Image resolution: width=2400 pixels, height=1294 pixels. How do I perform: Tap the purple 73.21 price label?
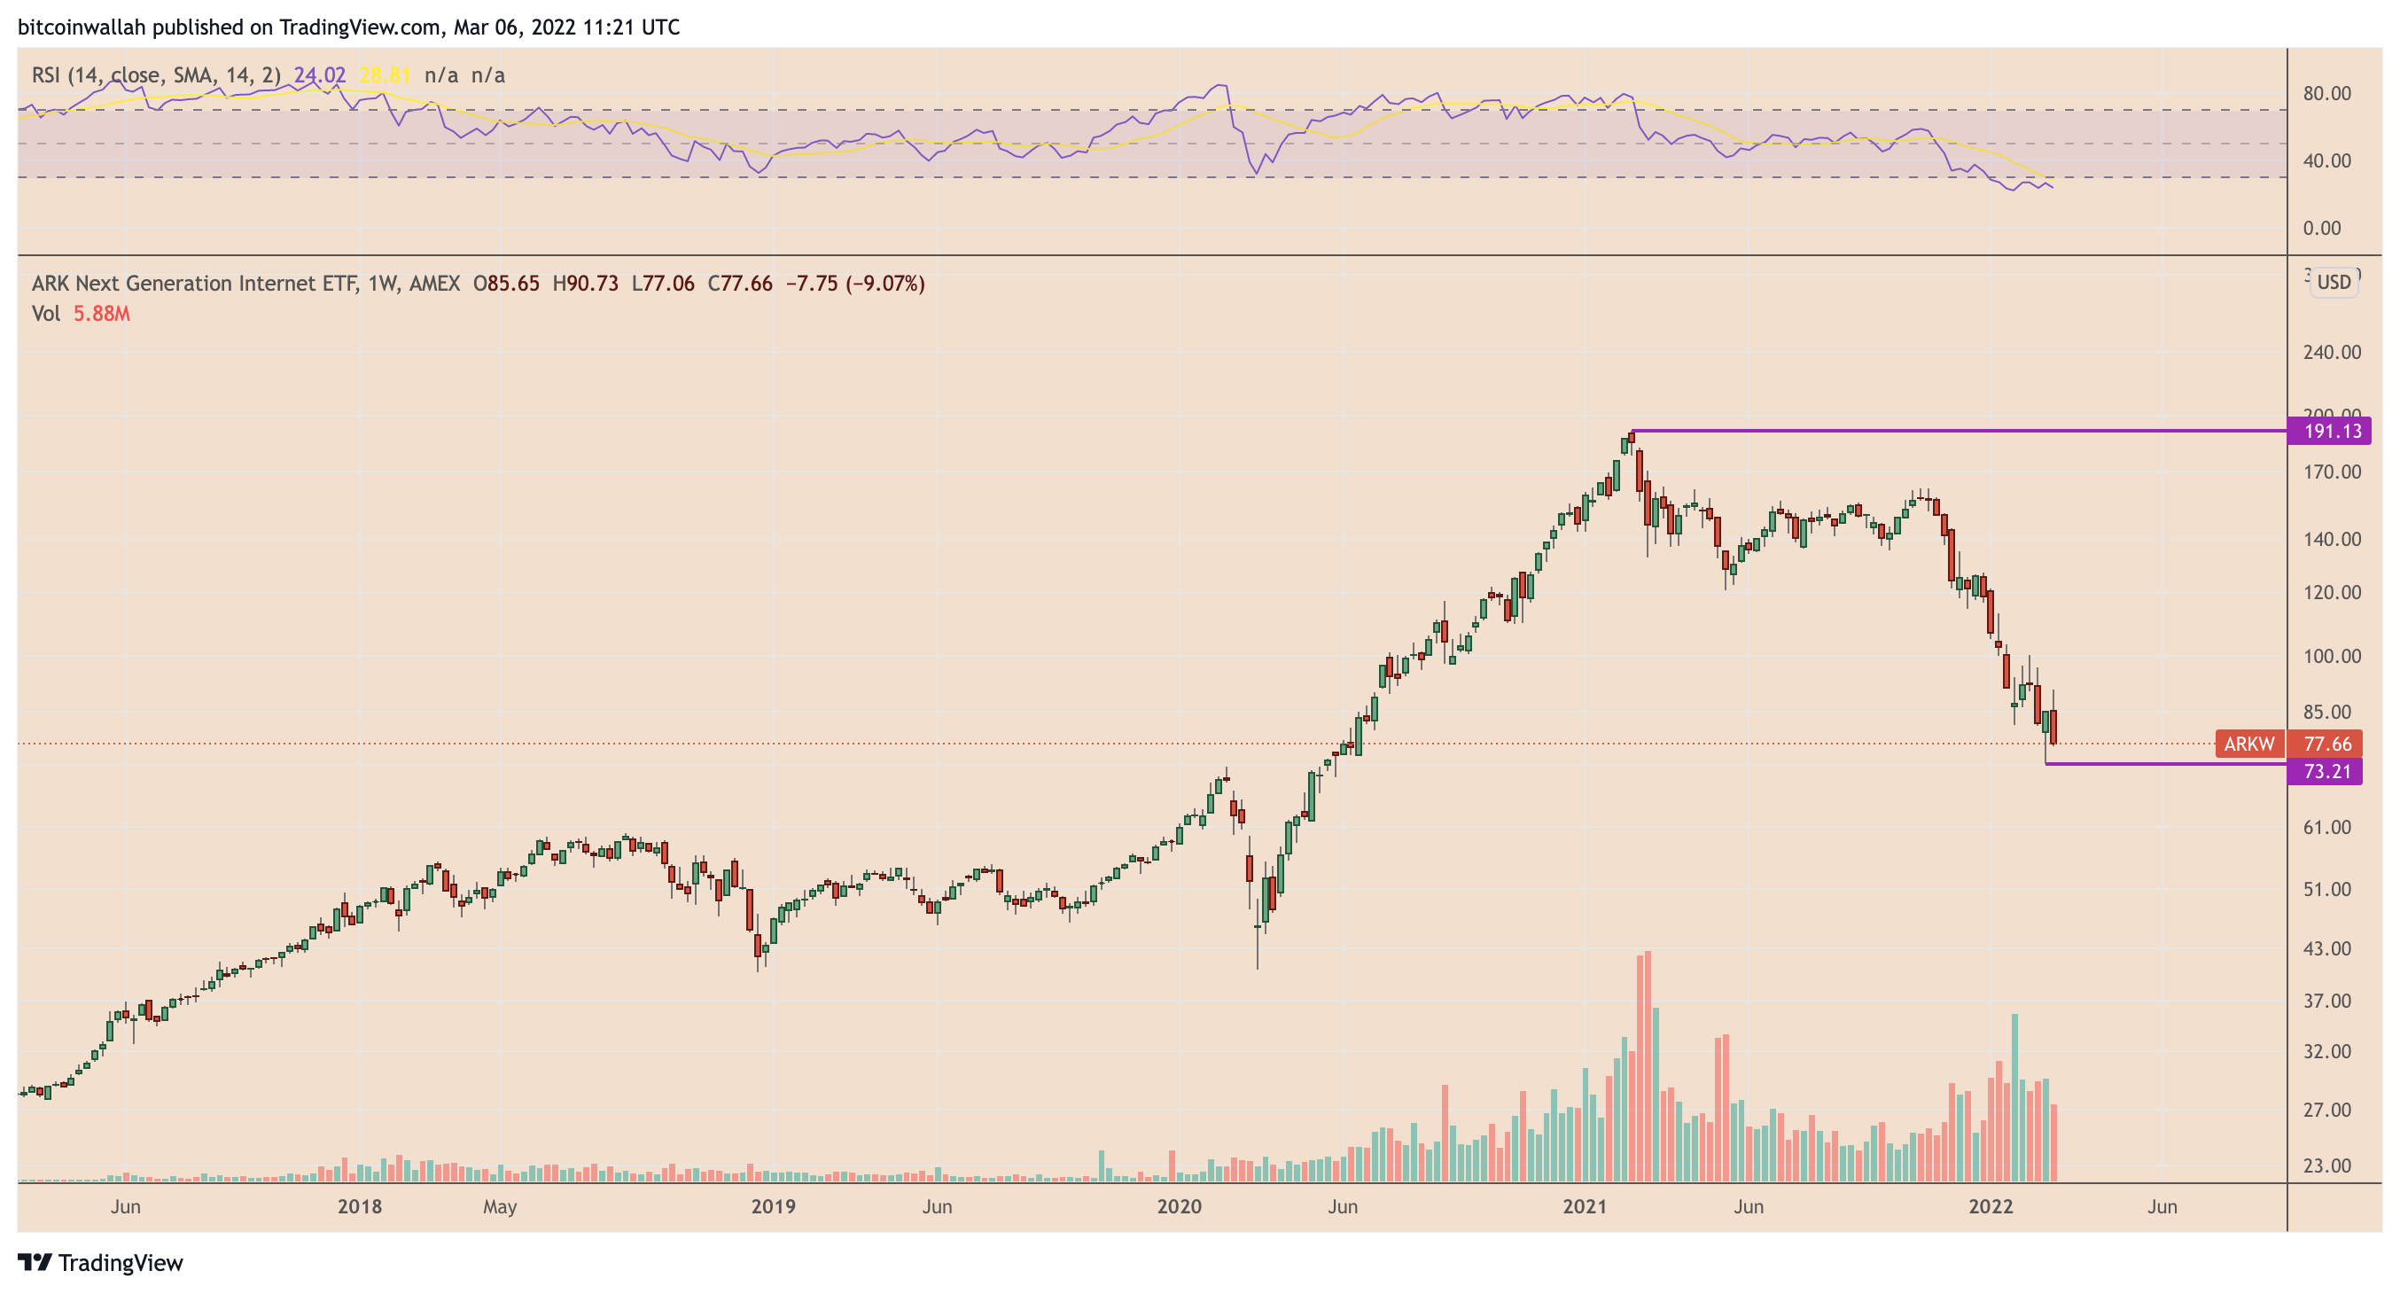[2326, 771]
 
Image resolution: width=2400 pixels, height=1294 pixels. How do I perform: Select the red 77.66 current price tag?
[2326, 744]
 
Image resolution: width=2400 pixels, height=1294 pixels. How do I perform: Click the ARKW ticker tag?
[2249, 744]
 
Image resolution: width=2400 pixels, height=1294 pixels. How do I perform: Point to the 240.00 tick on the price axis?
[2331, 352]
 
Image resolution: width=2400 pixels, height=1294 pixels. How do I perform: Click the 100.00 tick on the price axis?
[2331, 656]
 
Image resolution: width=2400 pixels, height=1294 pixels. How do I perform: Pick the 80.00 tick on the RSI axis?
[2326, 93]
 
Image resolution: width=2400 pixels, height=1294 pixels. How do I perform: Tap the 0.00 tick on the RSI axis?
[2321, 229]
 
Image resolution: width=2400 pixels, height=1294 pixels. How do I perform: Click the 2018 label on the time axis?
[360, 1206]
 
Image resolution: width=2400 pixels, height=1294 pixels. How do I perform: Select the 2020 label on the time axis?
[1179, 1206]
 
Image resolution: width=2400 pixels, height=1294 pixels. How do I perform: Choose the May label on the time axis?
[499, 1206]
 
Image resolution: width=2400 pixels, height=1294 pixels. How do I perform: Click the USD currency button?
[2334, 282]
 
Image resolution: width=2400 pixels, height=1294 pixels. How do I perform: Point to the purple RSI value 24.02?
[320, 75]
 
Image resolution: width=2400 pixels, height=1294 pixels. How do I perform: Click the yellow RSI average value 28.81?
[385, 75]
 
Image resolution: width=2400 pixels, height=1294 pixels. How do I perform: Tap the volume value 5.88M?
[102, 314]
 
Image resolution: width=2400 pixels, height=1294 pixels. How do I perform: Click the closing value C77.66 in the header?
[740, 284]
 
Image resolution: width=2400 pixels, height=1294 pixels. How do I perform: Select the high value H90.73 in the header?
[585, 284]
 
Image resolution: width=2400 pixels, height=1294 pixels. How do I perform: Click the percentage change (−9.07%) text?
[885, 284]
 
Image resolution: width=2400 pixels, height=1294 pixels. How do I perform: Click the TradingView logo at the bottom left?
[101, 1262]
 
